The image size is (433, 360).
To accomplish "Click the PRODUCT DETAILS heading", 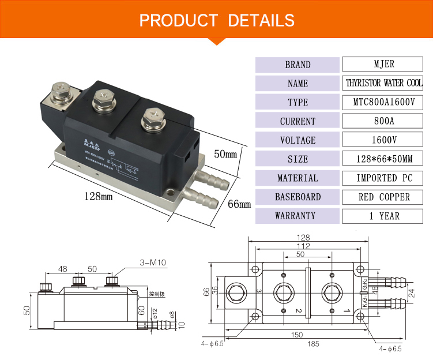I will pyautogui.click(x=217, y=21).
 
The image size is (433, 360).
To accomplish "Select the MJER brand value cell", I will pyautogui.click(x=383, y=64).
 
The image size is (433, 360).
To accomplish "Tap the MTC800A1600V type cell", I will pyautogui.click(x=383, y=102).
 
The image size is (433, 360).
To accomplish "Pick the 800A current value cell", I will pyautogui.click(x=383, y=121).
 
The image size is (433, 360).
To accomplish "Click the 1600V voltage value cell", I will pyautogui.click(x=383, y=140).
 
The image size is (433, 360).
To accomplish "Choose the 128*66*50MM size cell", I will pyautogui.click(x=383, y=159).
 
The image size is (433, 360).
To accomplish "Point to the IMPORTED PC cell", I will pyautogui.click(x=383, y=178).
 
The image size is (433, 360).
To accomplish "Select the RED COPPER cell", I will pyautogui.click(x=383, y=197).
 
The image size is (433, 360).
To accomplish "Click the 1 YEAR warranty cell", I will pyautogui.click(x=383, y=216).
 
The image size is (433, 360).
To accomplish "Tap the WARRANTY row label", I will pyautogui.click(x=298, y=216).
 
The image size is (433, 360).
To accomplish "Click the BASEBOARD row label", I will pyautogui.click(x=298, y=197).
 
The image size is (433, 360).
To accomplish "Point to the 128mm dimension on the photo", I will pyautogui.click(x=98, y=196).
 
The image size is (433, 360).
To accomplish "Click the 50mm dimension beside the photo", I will pyautogui.click(x=225, y=155).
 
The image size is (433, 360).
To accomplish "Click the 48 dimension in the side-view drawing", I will pyautogui.click(x=63, y=269).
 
